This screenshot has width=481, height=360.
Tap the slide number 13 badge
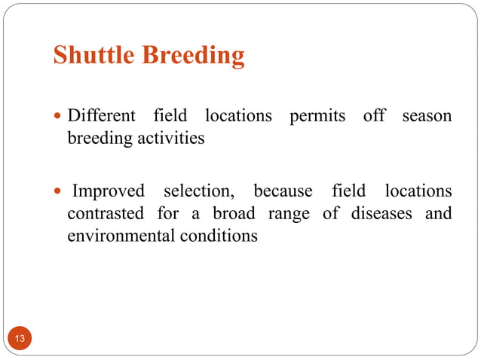[x=20, y=339]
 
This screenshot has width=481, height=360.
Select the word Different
[x=102, y=116]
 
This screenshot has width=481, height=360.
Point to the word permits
[x=317, y=116]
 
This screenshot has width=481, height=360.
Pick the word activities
[x=167, y=139]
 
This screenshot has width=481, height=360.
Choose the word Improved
[x=108, y=191]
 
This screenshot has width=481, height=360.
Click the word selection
[x=199, y=191]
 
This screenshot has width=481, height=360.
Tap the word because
[x=283, y=191]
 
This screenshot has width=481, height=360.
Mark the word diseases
[x=380, y=214]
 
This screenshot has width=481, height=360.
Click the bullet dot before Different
[x=59, y=117]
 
